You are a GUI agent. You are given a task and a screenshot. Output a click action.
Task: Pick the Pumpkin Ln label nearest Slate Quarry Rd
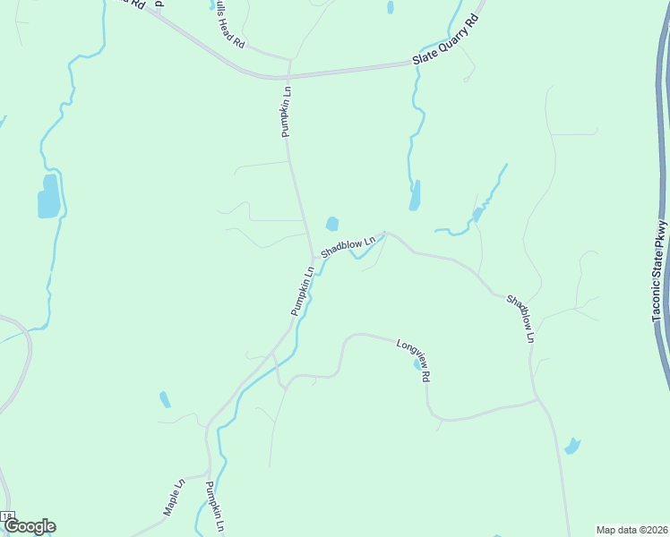[x=286, y=111]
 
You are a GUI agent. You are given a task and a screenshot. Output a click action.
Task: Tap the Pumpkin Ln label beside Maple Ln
[x=213, y=507]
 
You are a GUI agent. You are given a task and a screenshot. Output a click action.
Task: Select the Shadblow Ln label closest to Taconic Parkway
[x=520, y=319]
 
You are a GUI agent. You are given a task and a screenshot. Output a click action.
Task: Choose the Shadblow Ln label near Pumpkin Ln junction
[x=347, y=247]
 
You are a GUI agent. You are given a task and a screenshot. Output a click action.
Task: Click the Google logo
[x=29, y=526]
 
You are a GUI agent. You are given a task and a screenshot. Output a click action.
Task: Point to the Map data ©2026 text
[x=631, y=529]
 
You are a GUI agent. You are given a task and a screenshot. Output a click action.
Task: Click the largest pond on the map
[x=48, y=196]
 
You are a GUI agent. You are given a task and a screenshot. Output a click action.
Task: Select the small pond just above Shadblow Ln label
[x=331, y=224]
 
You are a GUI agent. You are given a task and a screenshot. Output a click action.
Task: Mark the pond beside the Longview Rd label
[x=418, y=365]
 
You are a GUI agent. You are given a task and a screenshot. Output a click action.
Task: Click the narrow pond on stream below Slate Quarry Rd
[x=415, y=195]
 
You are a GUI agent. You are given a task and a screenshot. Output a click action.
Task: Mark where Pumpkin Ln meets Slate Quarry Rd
[x=289, y=76]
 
